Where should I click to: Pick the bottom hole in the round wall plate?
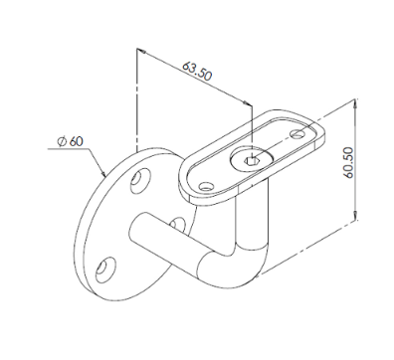click(x=101, y=268)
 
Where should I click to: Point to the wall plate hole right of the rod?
click(x=177, y=225)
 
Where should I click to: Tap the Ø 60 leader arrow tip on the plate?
click(x=103, y=177)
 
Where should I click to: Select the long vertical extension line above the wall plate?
click(x=134, y=99)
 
